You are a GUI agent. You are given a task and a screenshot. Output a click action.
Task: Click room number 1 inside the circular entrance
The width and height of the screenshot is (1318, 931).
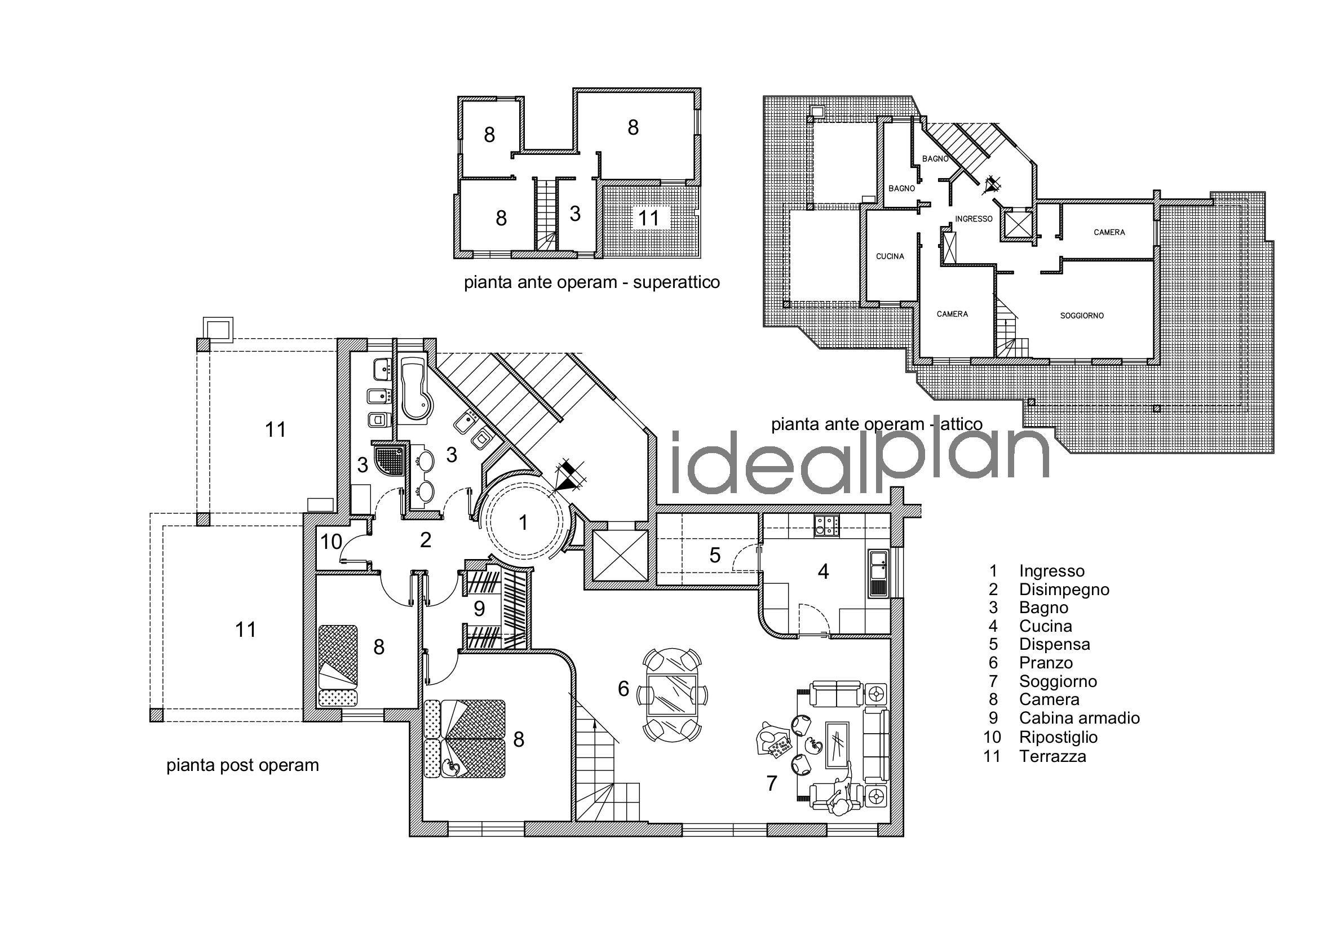(x=523, y=522)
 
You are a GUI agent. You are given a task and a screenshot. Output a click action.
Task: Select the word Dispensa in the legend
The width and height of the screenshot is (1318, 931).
(x=1055, y=645)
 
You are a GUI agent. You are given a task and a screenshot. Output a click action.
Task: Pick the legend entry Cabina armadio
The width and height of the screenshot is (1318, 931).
(x=1079, y=718)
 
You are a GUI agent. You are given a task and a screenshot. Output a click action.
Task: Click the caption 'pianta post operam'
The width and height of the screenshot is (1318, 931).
(x=242, y=765)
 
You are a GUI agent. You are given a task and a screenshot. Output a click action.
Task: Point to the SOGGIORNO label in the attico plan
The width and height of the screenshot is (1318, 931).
(x=1082, y=316)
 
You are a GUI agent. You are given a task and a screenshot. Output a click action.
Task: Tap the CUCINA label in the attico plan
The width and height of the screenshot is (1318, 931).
(x=890, y=256)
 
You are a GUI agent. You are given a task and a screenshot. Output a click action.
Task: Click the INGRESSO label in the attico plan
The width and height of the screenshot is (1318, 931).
(x=974, y=219)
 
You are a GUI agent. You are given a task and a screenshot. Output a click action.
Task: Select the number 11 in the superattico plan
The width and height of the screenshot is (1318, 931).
(x=649, y=218)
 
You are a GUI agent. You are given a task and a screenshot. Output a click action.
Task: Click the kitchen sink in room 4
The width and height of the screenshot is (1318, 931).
(x=878, y=573)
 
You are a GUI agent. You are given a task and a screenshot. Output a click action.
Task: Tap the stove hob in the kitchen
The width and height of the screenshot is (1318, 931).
(x=826, y=526)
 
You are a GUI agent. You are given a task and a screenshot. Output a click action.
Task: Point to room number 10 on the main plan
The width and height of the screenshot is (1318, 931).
(x=331, y=541)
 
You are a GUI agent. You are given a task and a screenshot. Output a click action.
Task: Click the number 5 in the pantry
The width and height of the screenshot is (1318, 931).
(x=715, y=555)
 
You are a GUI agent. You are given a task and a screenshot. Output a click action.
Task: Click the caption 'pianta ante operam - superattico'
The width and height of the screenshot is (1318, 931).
(x=592, y=283)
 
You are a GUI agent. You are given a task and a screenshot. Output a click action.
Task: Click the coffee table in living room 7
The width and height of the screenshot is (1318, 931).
(x=837, y=745)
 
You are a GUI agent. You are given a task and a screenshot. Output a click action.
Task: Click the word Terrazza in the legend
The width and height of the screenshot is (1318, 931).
(x=1053, y=756)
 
